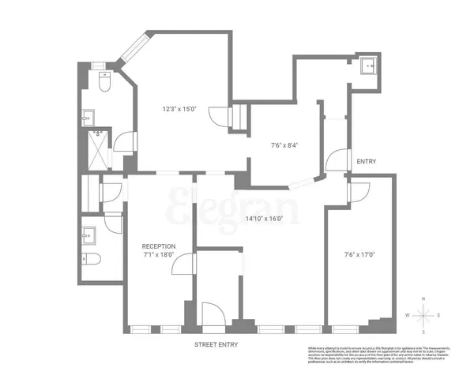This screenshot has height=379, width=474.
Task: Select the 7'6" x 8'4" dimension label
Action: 284,145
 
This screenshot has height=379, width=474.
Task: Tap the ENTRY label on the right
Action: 366,162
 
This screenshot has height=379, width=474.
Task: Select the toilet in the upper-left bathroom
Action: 104,82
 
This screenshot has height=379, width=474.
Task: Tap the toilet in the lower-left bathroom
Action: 89,261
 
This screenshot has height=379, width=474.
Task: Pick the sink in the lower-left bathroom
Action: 88,235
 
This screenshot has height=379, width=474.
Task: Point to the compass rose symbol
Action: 423,314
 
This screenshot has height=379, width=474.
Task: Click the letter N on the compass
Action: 423,298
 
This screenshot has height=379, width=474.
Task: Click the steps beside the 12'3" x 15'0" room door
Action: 235,118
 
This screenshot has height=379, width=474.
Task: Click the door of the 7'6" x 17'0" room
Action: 359,192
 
